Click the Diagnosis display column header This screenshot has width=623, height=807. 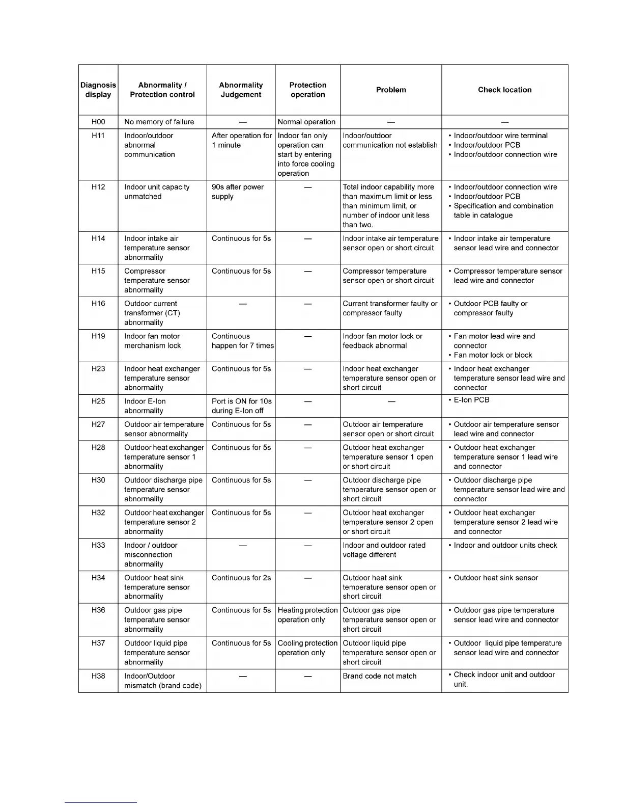click(98, 90)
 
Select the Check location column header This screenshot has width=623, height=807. click(504, 90)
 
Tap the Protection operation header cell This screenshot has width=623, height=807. click(307, 90)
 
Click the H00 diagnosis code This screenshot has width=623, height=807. click(98, 122)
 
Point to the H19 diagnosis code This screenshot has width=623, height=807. click(98, 336)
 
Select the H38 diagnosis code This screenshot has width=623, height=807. click(98, 676)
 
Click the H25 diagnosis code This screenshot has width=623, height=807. click(98, 401)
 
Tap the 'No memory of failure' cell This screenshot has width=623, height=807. click(159, 122)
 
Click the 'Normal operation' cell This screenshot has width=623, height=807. click(306, 122)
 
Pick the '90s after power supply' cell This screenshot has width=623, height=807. click(238, 192)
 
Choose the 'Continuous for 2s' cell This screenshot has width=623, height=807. click(241, 578)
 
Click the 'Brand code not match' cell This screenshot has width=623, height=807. click(380, 676)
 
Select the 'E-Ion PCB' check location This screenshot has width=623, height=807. click(471, 400)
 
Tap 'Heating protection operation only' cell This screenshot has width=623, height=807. click(307, 615)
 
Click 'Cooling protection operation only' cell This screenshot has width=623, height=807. click(307, 648)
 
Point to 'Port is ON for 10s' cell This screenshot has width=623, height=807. click(242, 406)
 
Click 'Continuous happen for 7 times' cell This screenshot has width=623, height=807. click(242, 341)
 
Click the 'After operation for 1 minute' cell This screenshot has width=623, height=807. click(242, 140)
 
